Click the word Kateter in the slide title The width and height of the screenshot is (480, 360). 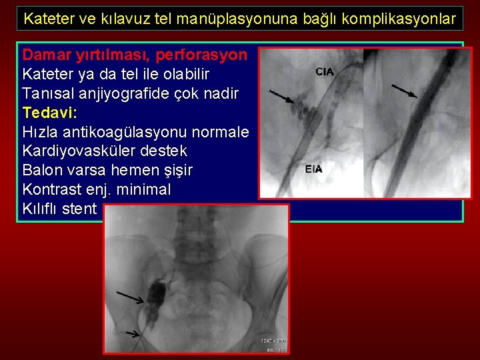click(x=46, y=19)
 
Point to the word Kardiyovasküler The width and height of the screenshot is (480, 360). click(x=74, y=151)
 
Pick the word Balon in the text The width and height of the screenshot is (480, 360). click(x=41, y=170)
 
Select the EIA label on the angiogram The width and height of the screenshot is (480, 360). click(x=314, y=169)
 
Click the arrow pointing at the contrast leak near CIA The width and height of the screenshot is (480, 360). click(x=280, y=97)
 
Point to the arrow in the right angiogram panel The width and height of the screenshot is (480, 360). click(x=404, y=91)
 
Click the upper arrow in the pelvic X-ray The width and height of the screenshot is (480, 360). click(x=131, y=297)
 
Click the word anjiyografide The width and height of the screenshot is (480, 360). click(x=143, y=93)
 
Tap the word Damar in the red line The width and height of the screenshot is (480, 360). click(x=44, y=55)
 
